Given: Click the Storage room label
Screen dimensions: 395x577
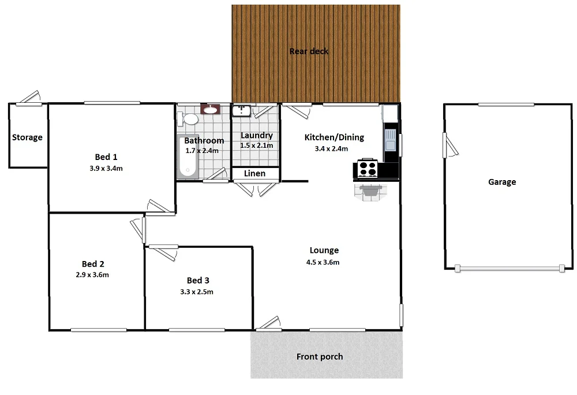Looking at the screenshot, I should (28, 137).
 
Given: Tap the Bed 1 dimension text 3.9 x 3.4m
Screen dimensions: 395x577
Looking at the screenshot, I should (106, 169).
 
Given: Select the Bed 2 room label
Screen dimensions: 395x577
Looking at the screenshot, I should (93, 263).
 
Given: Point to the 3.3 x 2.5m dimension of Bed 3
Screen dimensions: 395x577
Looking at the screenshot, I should (197, 292).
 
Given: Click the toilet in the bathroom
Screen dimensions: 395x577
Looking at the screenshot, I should (189, 120).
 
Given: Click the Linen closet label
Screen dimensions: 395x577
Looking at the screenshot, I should (255, 173).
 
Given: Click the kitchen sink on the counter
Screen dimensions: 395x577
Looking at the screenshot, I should (390, 139).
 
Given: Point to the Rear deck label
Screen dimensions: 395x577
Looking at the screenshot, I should (309, 51).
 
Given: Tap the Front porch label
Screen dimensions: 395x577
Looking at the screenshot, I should (320, 356).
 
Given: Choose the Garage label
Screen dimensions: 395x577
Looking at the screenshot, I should (502, 182).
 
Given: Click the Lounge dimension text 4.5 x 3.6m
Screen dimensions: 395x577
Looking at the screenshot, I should (323, 262).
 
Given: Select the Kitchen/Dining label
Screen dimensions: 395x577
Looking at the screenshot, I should (334, 137).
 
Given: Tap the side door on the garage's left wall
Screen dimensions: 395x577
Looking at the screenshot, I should (447, 144).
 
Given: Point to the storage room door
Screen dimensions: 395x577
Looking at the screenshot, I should (28, 99).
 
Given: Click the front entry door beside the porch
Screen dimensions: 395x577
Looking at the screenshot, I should (269, 325).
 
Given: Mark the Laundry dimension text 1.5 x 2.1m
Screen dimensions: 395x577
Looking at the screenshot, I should (256, 146).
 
